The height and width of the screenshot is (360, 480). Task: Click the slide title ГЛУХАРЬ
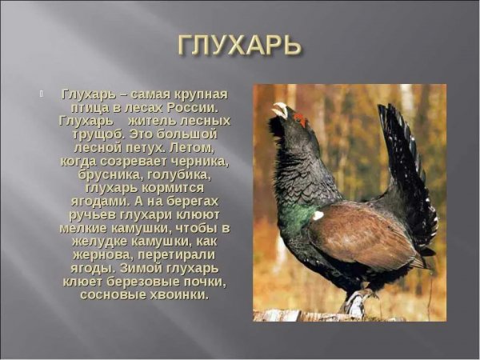click(239, 46)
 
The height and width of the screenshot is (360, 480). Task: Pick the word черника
click(198, 162)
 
